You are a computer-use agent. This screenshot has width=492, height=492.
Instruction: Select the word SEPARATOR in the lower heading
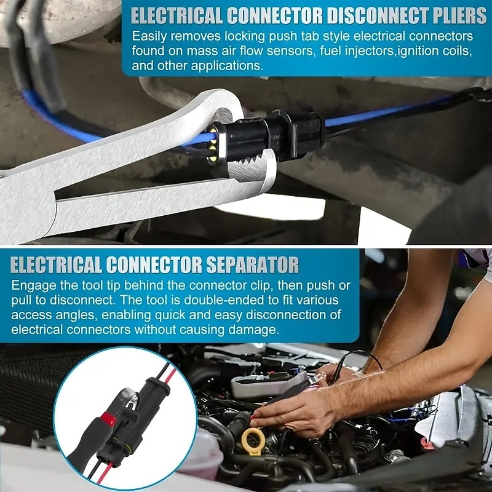[x=252, y=265]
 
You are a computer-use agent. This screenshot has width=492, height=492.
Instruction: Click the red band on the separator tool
[x=109, y=418]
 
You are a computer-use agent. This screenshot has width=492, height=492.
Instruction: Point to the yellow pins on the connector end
[x=212, y=146]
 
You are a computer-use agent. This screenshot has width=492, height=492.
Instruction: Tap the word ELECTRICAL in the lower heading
[x=56, y=265]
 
